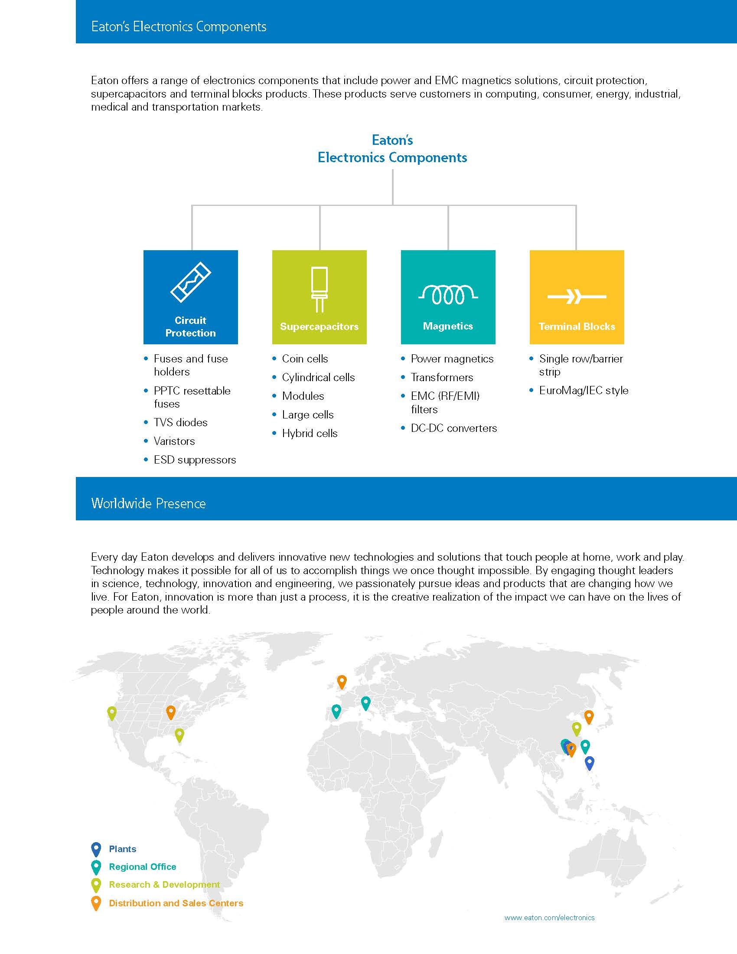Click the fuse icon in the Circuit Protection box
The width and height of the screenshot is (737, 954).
tap(190, 282)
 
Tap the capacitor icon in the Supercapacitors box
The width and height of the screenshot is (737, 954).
tap(319, 289)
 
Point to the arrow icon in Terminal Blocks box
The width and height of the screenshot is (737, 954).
tap(576, 297)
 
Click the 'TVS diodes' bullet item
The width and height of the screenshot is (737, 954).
tap(180, 422)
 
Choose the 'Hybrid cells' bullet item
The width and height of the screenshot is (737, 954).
tap(310, 433)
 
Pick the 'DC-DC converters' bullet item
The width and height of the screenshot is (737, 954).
tap(453, 428)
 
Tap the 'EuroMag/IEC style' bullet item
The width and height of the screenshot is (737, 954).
tap(583, 391)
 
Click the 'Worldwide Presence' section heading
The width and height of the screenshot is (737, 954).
tap(148, 503)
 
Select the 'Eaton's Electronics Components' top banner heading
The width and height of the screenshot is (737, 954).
tap(179, 26)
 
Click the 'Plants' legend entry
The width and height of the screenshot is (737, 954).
tap(122, 849)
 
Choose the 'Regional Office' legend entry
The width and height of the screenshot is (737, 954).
tap(142, 867)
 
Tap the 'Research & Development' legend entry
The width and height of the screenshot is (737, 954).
tap(164, 885)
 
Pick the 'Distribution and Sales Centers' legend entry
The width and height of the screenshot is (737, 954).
tap(176, 903)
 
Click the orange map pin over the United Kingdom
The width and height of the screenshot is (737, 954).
tap(342, 681)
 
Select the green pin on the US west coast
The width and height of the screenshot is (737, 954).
tap(112, 712)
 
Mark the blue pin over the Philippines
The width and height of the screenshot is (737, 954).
tap(590, 762)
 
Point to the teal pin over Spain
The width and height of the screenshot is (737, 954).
tap(336, 710)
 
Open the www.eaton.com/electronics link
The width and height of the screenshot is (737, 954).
tap(549, 918)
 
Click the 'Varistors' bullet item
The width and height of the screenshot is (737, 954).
tap(174, 441)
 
